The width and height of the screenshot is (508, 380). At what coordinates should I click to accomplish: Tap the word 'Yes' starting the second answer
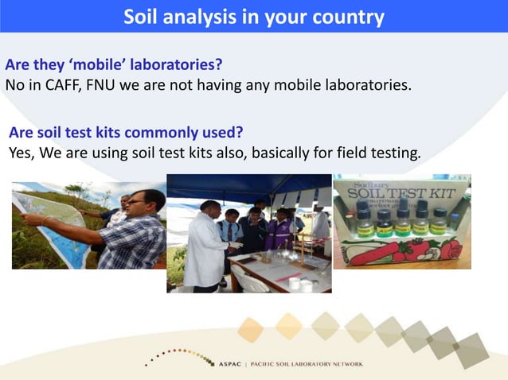point(21,152)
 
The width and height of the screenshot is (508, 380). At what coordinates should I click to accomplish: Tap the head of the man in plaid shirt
point(145,203)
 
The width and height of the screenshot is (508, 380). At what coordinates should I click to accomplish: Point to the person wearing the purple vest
point(280,233)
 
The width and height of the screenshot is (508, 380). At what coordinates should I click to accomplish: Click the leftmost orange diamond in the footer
point(250,329)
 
